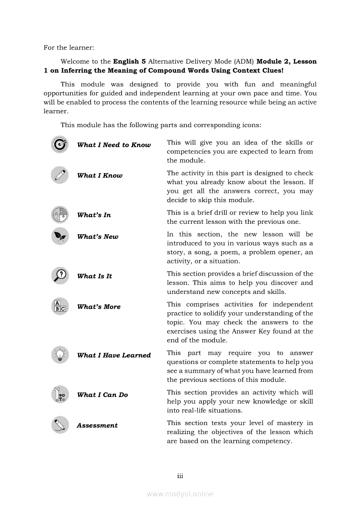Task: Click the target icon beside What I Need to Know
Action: pyautogui.click(x=60, y=145)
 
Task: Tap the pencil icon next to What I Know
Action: pyautogui.click(x=60, y=175)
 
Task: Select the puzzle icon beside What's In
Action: pyautogui.click(x=60, y=214)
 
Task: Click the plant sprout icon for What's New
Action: pyautogui.click(x=60, y=236)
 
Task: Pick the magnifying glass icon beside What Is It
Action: pyautogui.click(x=60, y=276)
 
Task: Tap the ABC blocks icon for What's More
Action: pyautogui.click(x=60, y=306)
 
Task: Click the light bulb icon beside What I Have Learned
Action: pyautogui.click(x=60, y=355)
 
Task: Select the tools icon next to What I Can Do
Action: pyautogui.click(x=60, y=394)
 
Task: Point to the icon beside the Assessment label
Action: pyautogui.click(x=60, y=425)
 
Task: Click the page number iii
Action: pyautogui.click(x=180, y=476)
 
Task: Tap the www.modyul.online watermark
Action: pyautogui.click(x=180, y=494)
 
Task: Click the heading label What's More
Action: pyautogui.click(x=98, y=307)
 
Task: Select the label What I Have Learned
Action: pyautogui.click(x=114, y=355)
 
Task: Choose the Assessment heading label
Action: pyautogui.click(x=97, y=425)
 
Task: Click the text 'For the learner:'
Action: pyautogui.click(x=69, y=47)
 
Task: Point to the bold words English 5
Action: pyautogui.click(x=127, y=61)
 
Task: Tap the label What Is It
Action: pyautogui.click(x=95, y=276)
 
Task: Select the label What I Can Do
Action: pyautogui.click(x=102, y=395)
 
